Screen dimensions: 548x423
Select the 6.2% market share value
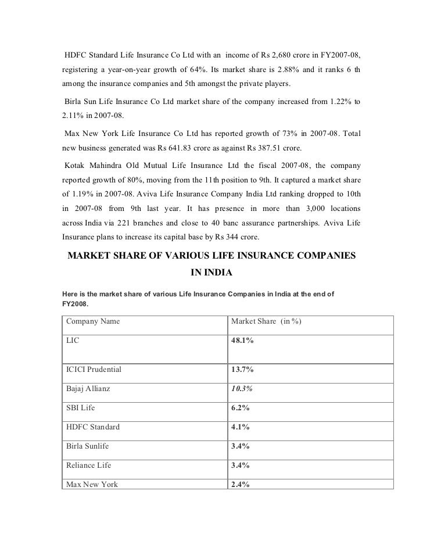240,408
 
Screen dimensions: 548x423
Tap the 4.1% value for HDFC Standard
240,427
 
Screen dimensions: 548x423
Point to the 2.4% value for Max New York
240,484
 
